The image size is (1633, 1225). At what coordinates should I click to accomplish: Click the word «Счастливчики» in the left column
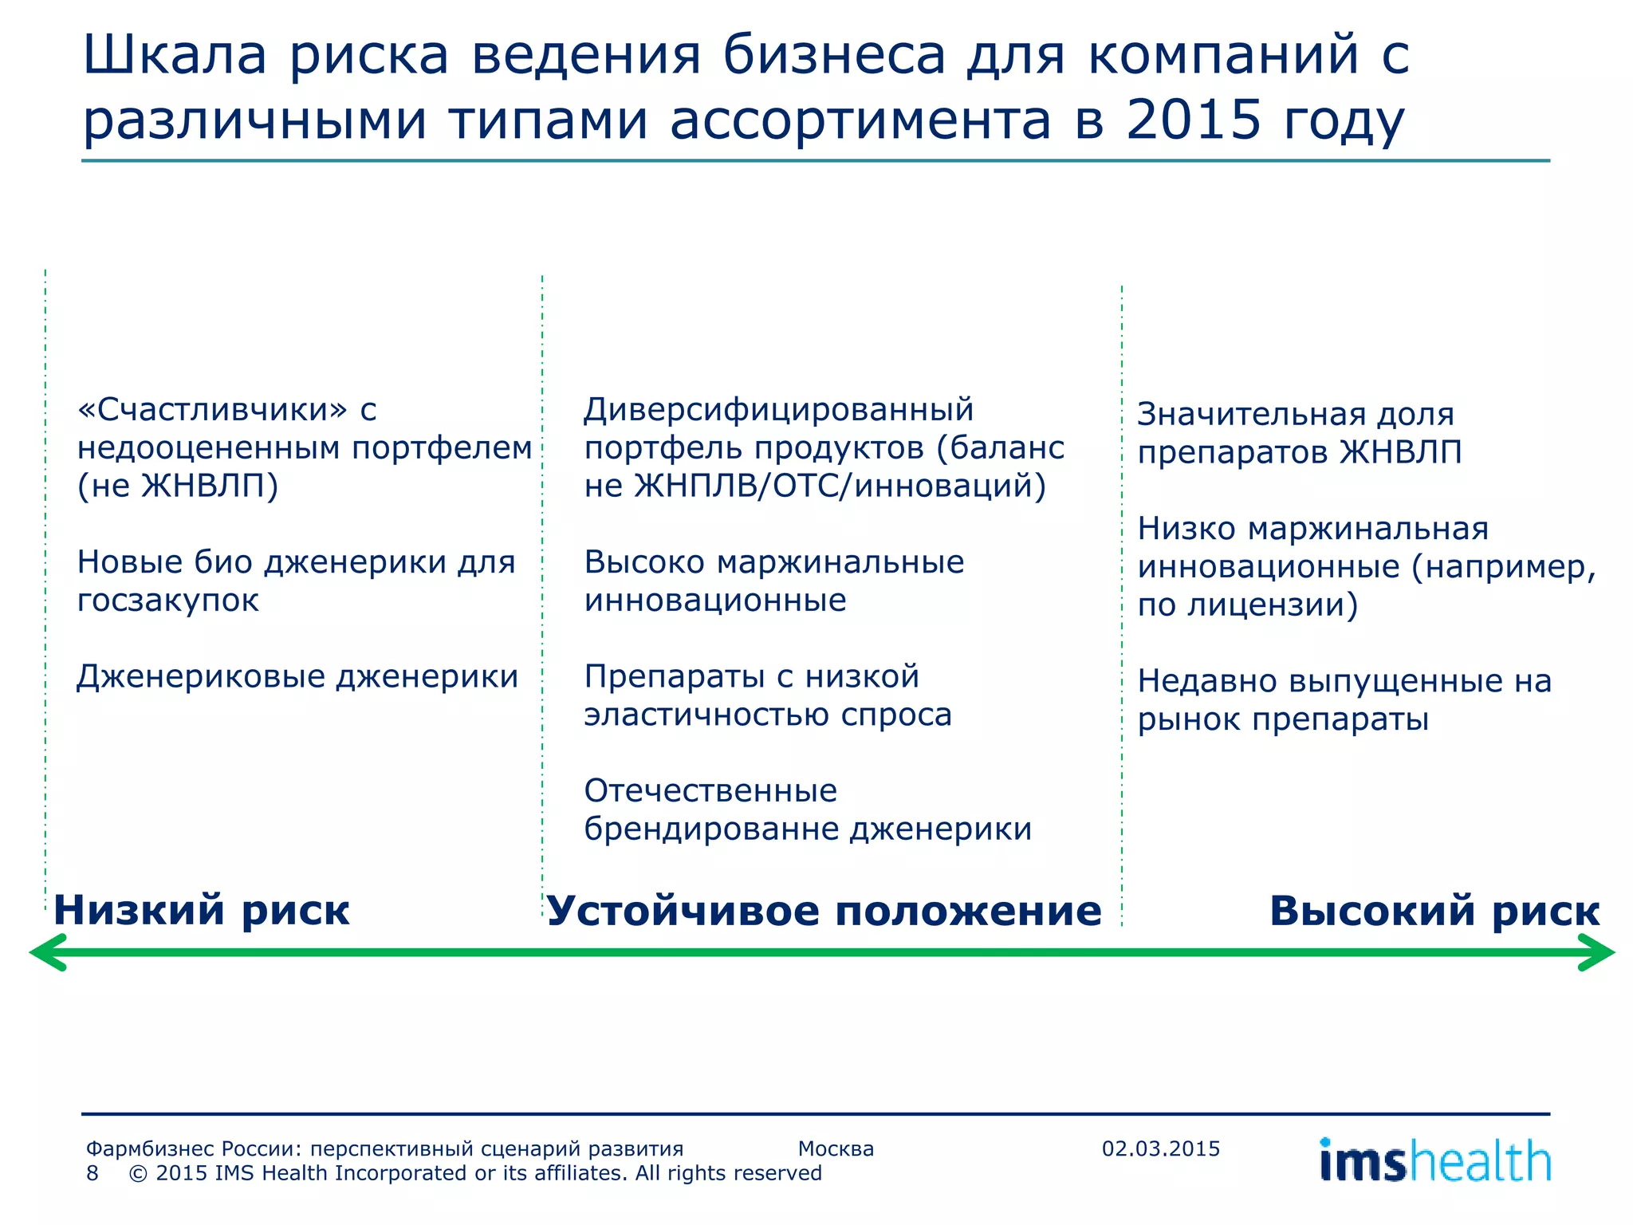(x=213, y=410)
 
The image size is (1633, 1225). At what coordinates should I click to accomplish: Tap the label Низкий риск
(x=201, y=910)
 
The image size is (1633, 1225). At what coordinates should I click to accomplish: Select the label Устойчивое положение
(x=823, y=911)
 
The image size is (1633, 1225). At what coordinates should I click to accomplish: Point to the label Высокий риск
(x=1434, y=911)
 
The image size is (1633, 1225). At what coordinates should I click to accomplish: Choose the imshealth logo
(x=1434, y=1160)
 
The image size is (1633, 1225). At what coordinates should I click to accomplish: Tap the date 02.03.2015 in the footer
(x=1160, y=1149)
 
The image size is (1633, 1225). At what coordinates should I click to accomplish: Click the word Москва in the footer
(x=836, y=1149)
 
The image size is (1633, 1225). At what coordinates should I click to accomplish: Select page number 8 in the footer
(x=92, y=1173)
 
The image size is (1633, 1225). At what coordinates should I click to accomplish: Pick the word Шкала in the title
(x=175, y=55)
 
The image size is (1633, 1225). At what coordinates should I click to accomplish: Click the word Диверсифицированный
(x=778, y=410)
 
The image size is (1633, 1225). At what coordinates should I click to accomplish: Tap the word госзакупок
(x=168, y=601)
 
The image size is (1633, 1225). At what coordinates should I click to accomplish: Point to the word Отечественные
(x=710, y=791)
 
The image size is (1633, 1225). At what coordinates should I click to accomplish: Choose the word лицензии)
(x=1273, y=605)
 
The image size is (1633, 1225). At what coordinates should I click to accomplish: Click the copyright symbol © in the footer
(x=138, y=1173)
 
